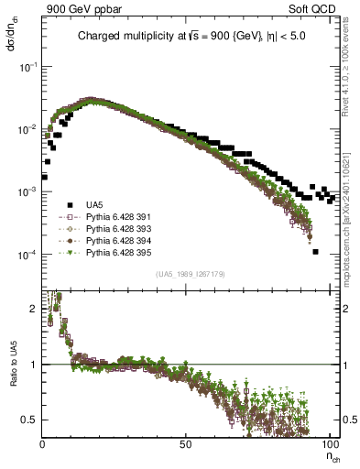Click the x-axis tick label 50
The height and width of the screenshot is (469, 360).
186,444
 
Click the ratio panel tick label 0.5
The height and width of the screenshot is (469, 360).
31,420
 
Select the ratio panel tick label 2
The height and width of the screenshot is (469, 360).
35,309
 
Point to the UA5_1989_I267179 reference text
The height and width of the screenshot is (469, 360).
191,274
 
